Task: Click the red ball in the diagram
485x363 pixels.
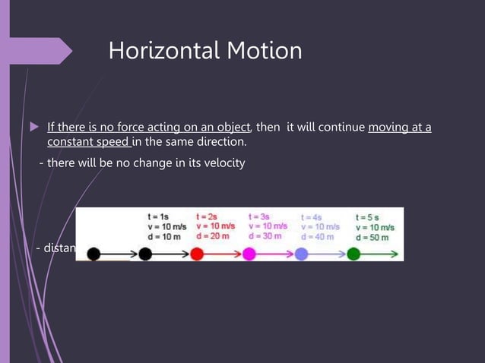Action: [197, 254]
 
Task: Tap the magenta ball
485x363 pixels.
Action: [249, 254]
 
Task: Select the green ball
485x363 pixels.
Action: [353, 254]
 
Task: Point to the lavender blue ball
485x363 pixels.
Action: [301, 254]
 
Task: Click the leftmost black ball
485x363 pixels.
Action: [94, 254]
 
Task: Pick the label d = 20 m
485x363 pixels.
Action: [214, 236]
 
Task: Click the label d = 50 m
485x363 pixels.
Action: [372, 237]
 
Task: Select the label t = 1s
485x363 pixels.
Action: [160, 216]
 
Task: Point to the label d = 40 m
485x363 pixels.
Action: [319, 236]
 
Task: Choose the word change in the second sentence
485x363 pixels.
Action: [153, 163]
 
